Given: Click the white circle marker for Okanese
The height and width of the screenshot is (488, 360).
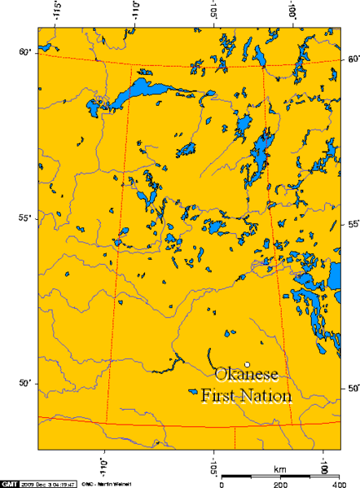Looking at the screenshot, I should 246,364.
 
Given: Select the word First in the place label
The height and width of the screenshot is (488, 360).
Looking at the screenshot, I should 219,397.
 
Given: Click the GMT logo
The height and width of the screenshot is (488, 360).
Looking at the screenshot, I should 10,482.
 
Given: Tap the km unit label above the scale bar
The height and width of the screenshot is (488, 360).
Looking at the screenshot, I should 280,470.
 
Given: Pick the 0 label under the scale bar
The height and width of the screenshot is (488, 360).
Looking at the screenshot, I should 222,484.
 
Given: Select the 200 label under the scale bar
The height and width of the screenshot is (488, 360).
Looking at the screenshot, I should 279,484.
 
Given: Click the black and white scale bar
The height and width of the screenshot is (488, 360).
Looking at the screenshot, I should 277,477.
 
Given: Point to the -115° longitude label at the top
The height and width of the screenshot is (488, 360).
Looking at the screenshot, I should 58,12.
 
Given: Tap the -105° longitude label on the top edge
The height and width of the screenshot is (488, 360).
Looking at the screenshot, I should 213,12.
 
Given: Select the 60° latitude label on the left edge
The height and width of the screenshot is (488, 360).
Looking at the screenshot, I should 25,52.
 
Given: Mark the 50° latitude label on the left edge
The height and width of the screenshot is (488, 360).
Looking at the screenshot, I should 25,382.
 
